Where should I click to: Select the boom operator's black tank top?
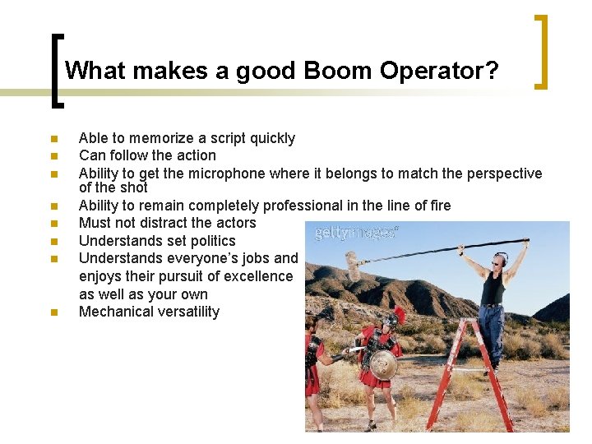click(493, 289)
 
